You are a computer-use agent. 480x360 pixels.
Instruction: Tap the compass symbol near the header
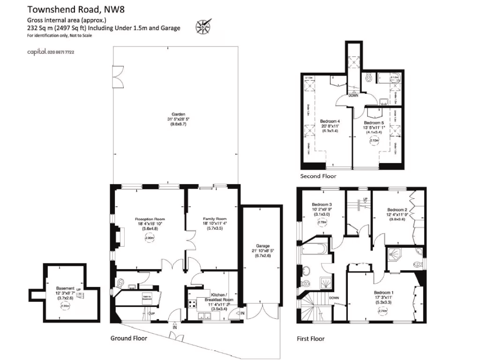pyautogui.click(x=202, y=27)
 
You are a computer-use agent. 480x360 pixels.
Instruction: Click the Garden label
pyautogui.click(x=178, y=114)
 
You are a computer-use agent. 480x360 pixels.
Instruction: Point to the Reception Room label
pyautogui.click(x=150, y=219)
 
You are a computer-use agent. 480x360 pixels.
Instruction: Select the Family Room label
pyautogui.click(x=215, y=219)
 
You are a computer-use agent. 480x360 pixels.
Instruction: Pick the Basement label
pyautogui.click(x=65, y=288)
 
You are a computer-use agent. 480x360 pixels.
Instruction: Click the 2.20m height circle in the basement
pyautogui.click(x=65, y=306)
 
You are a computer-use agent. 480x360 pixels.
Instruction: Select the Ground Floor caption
pyautogui.click(x=128, y=338)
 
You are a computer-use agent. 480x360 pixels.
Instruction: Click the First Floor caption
pyautogui.click(x=311, y=338)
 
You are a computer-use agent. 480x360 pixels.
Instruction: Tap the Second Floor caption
pyautogui.click(x=318, y=176)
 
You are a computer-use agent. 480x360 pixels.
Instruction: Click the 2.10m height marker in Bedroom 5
pyautogui.click(x=374, y=140)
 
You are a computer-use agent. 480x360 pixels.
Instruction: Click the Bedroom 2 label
pyautogui.click(x=397, y=210)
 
